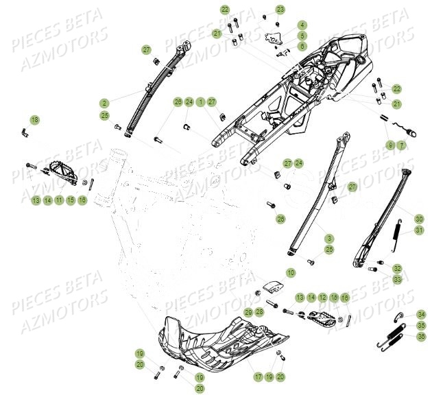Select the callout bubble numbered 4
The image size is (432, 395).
coord(302,25)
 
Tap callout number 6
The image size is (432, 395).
coord(302,45)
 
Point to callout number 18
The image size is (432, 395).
coord(34,120)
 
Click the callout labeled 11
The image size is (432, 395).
coord(59,200)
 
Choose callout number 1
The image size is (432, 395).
coord(200,102)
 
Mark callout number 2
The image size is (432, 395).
coord(104,103)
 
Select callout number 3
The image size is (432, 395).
coord(329,238)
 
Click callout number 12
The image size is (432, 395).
coord(323,297)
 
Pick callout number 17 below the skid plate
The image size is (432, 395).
coord(259,377)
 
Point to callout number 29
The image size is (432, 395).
coord(248,312)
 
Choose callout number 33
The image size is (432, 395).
coord(398,279)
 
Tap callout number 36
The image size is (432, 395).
coord(421,336)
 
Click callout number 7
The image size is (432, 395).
coord(402,145)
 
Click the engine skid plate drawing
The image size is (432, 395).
coord(219,339)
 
